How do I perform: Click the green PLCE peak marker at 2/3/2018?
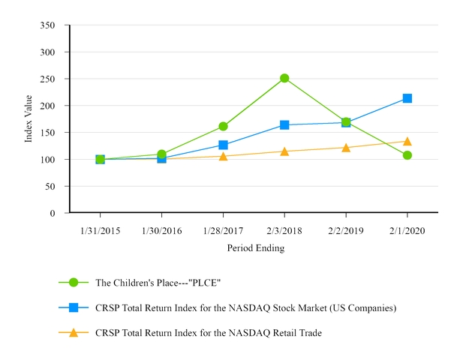pyautogui.click(x=284, y=78)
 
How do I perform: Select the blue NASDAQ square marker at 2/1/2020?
pyautogui.click(x=407, y=98)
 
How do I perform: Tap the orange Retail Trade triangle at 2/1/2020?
pyautogui.click(x=407, y=141)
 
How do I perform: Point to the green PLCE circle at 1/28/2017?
pyautogui.click(x=223, y=126)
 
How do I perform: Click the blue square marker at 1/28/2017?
pyautogui.click(x=223, y=145)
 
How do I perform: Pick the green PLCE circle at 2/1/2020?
pyautogui.click(x=407, y=155)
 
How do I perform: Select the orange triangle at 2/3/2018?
pyautogui.click(x=284, y=151)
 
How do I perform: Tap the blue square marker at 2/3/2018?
pyautogui.click(x=284, y=124)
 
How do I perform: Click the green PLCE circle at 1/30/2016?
pyautogui.click(x=161, y=154)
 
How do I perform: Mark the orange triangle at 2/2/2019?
pyautogui.click(x=346, y=147)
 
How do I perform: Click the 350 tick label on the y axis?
pyautogui.click(x=50, y=25)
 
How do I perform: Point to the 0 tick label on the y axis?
pyautogui.click(x=53, y=213)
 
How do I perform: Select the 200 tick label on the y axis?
pyautogui.click(x=50, y=106)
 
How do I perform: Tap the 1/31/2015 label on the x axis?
pyautogui.click(x=100, y=231)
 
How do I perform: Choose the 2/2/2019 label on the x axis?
pyautogui.click(x=346, y=231)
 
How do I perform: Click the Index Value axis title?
pyautogui.click(x=28, y=118)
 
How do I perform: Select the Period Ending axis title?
pyautogui.click(x=255, y=248)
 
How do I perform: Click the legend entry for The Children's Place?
pyautogui.click(x=158, y=283)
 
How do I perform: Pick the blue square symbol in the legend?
pyautogui.click(x=74, y=307)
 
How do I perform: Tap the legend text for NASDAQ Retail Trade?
pyautogui.click(x=208, y=332)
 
